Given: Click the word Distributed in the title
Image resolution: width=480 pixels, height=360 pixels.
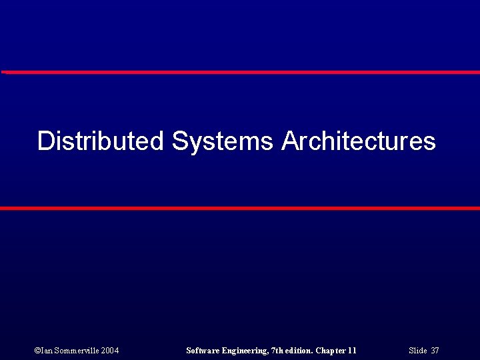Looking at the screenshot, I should click(x=100, y=141).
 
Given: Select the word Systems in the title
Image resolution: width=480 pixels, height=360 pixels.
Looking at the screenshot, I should click(x=222, y=141).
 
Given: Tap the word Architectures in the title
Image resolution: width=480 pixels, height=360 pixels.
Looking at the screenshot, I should click(x=359, y=141).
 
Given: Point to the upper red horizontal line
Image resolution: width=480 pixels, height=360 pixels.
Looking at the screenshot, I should click(x=240, y=72).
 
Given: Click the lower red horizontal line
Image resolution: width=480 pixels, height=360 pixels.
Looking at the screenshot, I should click(x=240, y=209).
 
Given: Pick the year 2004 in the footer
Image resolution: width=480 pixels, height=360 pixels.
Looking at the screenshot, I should click(x=109, y=351).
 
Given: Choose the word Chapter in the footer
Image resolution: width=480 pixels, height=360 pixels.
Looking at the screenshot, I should click(x=330, y=351).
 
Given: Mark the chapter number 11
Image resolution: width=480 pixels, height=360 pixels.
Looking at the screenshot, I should click(x=352, y=351).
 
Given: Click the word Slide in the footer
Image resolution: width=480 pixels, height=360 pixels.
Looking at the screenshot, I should click(x=418, y=351).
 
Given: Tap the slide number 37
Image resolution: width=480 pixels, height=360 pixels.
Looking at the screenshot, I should click(x=435, y=351).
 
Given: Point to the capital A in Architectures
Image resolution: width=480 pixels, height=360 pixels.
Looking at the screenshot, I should click(x=291, y=141).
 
